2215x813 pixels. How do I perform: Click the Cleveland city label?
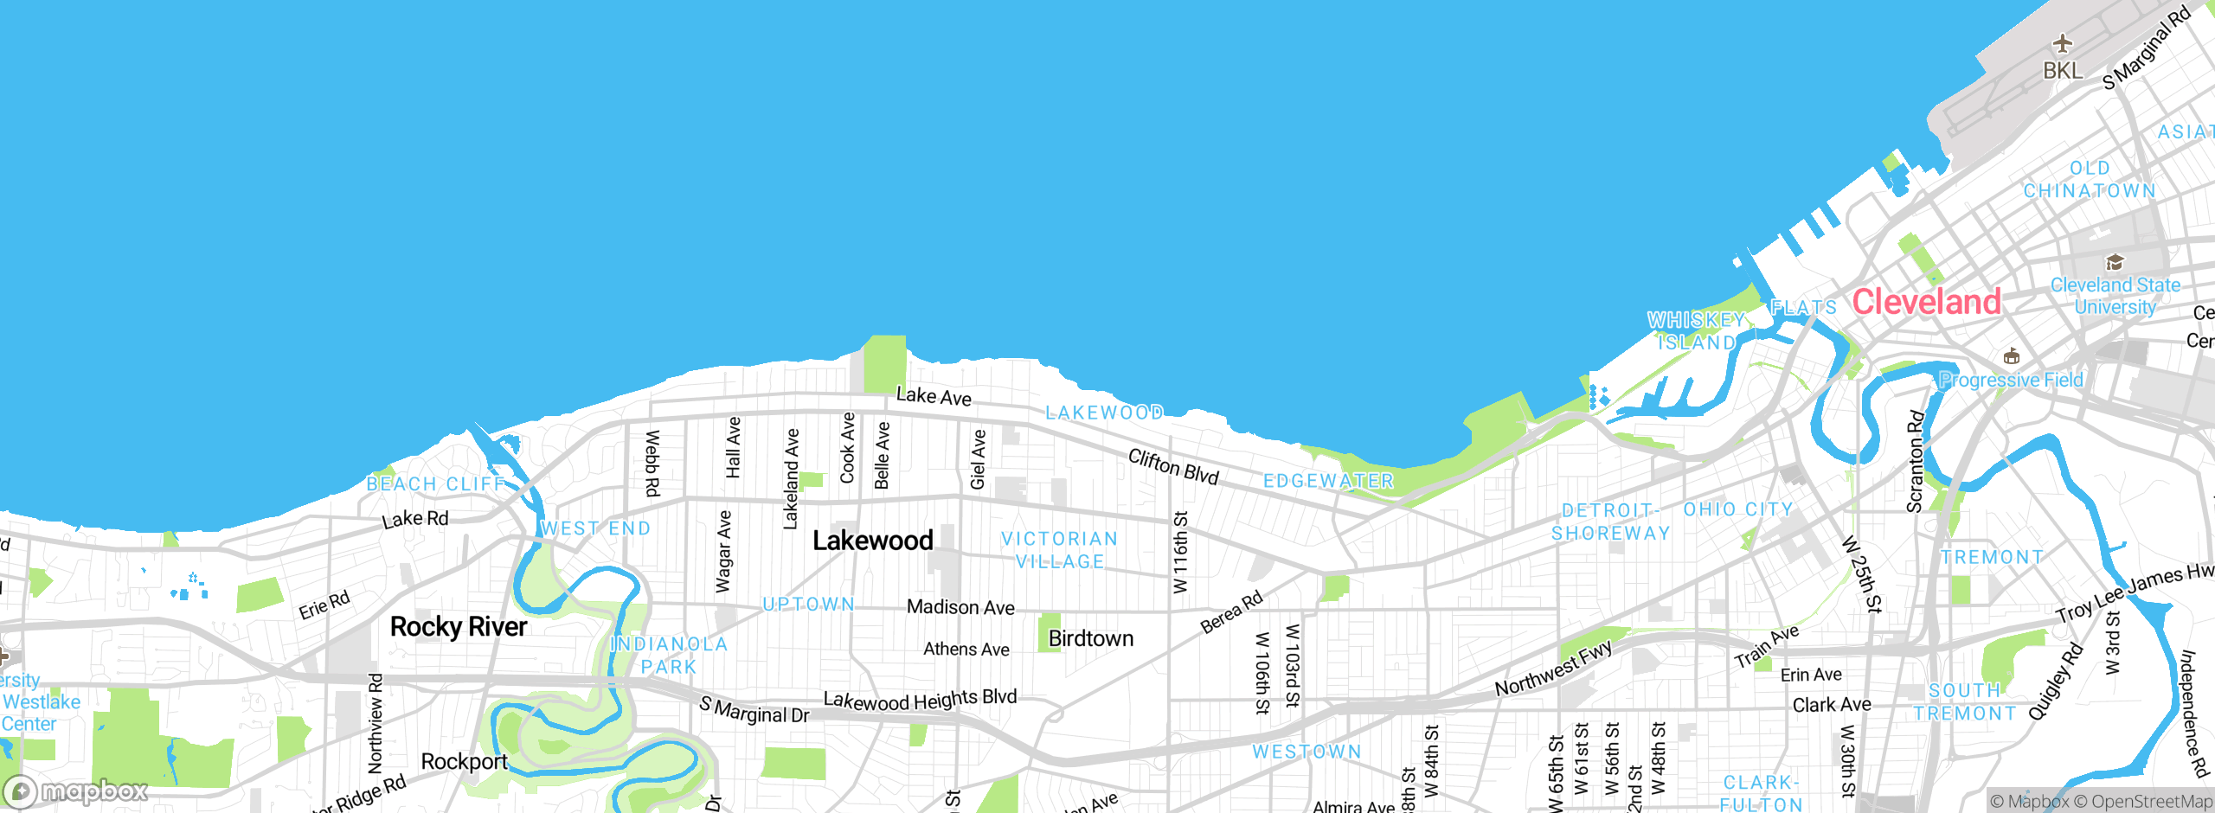1926,302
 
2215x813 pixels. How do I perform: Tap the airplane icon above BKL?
2063,43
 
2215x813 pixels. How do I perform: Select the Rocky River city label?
458,626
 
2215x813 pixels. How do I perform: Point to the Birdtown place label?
1090,638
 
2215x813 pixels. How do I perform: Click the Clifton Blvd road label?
1173,466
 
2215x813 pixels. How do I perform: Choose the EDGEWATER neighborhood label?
1328,481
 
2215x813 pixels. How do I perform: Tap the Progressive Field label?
2011,380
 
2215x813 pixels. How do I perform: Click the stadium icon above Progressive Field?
2012,356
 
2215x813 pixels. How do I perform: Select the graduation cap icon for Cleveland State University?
2115,262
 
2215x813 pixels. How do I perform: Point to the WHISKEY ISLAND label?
1696,331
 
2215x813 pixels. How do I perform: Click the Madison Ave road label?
960,607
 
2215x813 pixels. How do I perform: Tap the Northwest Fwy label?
1554,668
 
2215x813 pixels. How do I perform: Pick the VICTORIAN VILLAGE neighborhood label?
1060,550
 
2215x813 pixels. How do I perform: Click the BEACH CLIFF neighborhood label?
435,483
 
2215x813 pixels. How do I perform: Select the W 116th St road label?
1180,552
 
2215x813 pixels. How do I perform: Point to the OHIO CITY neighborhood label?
1738,509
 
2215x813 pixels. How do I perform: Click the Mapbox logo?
76,791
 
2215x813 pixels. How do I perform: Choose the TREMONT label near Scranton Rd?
1992,557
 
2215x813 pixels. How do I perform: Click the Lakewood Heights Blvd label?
920,699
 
